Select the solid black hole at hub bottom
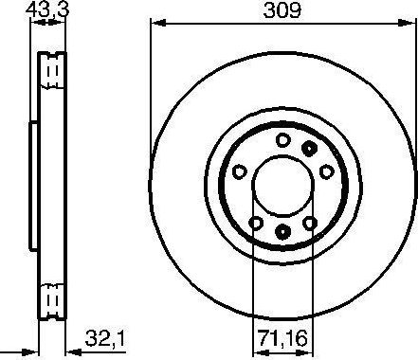click(282, 231)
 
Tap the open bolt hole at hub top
click(282, 140)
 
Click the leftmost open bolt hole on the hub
click(239, 171)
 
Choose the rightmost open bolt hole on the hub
click(325, 171)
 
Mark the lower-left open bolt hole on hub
click(255, 222)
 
